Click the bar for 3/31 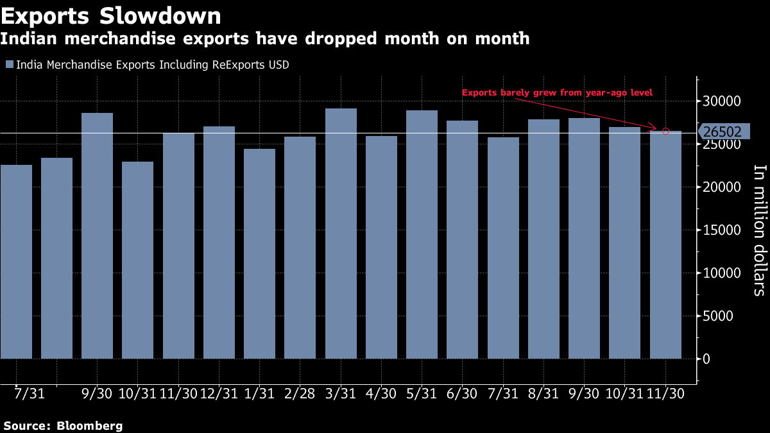click(341, 233)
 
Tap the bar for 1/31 click(259, 253)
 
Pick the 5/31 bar click(422, 234)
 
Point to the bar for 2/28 click(300, 248)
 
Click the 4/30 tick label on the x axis click(381, 393)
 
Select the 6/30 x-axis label click(462, 393)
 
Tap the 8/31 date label click(543, 393)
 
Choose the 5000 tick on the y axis click(726, 316)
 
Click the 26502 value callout click(722, 132)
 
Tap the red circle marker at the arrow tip click(665, 132)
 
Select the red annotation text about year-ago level click(557, 93)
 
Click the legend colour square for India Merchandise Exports click(9, 65)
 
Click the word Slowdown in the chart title click(167, 15)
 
